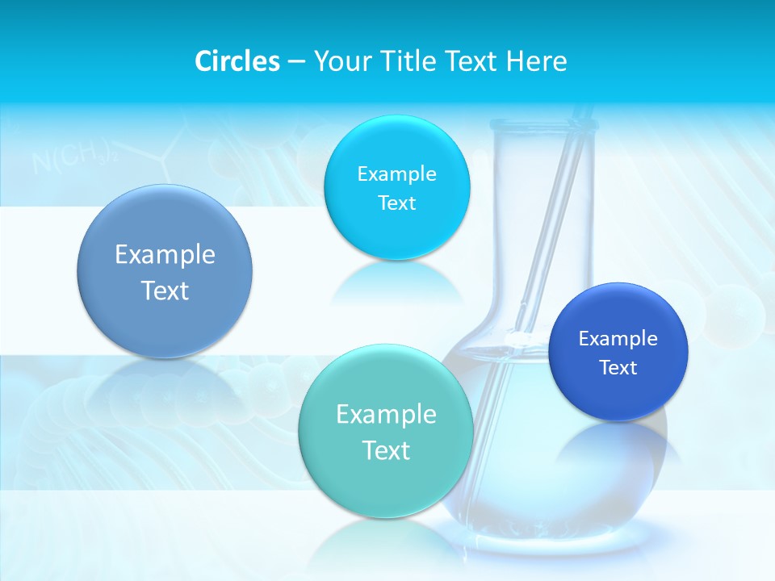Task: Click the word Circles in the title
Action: tap(237, 61)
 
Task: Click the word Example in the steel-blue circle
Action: tap(165, 255)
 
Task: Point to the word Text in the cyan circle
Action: tap(396, 203)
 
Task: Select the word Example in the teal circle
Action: tap(386, 415)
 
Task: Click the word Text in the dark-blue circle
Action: tap(618, 368)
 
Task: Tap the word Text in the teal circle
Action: tap(386, 450)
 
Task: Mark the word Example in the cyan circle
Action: tap(396, 174)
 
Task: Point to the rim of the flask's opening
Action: tap(542, 123)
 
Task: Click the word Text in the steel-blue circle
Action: tap(165, 290)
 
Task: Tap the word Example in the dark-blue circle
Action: tap(618, 339)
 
